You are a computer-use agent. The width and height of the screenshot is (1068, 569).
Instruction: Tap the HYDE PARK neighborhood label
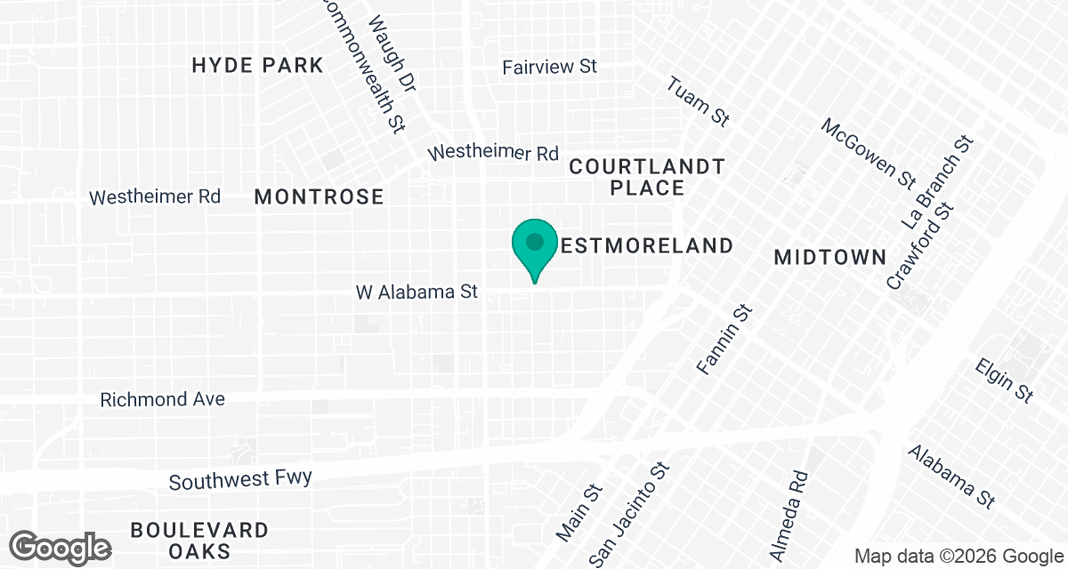point(257,65)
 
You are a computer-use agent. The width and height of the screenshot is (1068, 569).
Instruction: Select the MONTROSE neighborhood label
point(319,196)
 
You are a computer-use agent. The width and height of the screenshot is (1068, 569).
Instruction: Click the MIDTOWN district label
point(829,257)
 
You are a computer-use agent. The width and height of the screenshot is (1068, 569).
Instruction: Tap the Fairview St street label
point(549,67)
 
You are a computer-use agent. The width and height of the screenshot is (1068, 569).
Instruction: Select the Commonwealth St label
point(360,62)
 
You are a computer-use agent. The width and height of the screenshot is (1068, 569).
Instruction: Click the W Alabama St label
point(417,292)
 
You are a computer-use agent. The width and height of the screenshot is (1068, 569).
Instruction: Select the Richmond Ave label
point(162,399)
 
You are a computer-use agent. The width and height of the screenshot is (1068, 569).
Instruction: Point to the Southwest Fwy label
point(240,480)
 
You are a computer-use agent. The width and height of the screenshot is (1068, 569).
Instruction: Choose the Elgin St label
point(1004,381)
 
